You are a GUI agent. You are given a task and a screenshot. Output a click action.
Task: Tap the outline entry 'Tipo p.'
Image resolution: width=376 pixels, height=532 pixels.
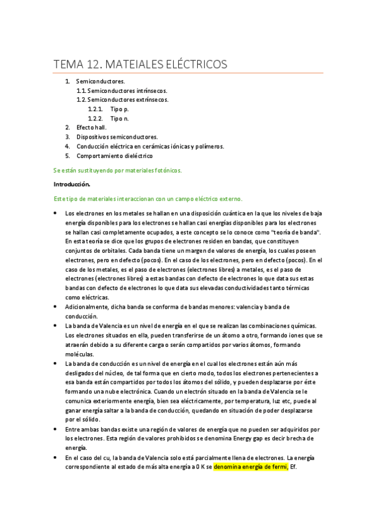tap(119, 109)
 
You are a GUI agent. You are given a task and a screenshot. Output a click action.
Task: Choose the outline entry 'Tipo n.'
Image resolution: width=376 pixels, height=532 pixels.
tap(119, 118)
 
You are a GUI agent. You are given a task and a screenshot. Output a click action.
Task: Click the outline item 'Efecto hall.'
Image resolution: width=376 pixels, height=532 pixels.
tap(92, 127)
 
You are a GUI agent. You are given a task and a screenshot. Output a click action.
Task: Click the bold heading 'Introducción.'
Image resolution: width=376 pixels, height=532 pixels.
tap(72, 184)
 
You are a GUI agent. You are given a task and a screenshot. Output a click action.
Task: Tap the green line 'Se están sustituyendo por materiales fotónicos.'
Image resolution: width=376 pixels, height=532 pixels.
tap(117, 170)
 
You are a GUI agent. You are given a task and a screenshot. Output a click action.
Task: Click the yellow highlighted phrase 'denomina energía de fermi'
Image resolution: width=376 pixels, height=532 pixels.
tap(250, 467)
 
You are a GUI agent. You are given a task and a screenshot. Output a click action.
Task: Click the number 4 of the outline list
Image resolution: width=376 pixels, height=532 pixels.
tap(67, 146)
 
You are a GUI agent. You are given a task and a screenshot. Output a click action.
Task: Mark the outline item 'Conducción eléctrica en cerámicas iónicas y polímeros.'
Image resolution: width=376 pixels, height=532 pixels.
tap(150, 146)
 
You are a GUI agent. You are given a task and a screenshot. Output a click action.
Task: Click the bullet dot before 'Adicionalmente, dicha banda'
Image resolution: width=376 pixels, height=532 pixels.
tap(56, 307)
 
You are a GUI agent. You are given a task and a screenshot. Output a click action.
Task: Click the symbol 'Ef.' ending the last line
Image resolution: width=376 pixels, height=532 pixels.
tap(294, 467)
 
